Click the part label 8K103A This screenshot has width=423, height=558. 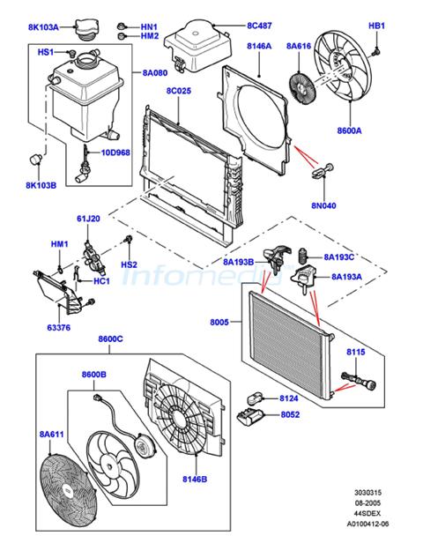[x=43, y=27]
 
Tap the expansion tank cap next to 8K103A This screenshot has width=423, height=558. [x=85, y=30]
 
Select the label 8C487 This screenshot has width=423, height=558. [x=259, y=26]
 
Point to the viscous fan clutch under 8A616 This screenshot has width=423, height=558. [x=301, y=87]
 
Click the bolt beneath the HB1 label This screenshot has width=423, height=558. [x=376, y=52]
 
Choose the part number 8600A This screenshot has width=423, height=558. [x=349, y=130]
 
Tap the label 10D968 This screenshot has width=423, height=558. [x=115, y=153]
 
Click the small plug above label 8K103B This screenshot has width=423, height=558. [x=35, y=158]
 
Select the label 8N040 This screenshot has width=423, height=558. [x=323, y=205]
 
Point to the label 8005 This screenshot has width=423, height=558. [x=219, y=322]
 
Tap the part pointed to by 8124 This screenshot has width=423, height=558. [x=255, y=398]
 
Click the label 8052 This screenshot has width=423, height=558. [x=290, y=414]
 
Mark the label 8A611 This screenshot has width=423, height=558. [x=52, y=435]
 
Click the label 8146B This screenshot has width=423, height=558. [x=195, y=479]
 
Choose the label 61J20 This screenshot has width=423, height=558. [x=88, y=219]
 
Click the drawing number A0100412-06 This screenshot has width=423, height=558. [x=367, y=524]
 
